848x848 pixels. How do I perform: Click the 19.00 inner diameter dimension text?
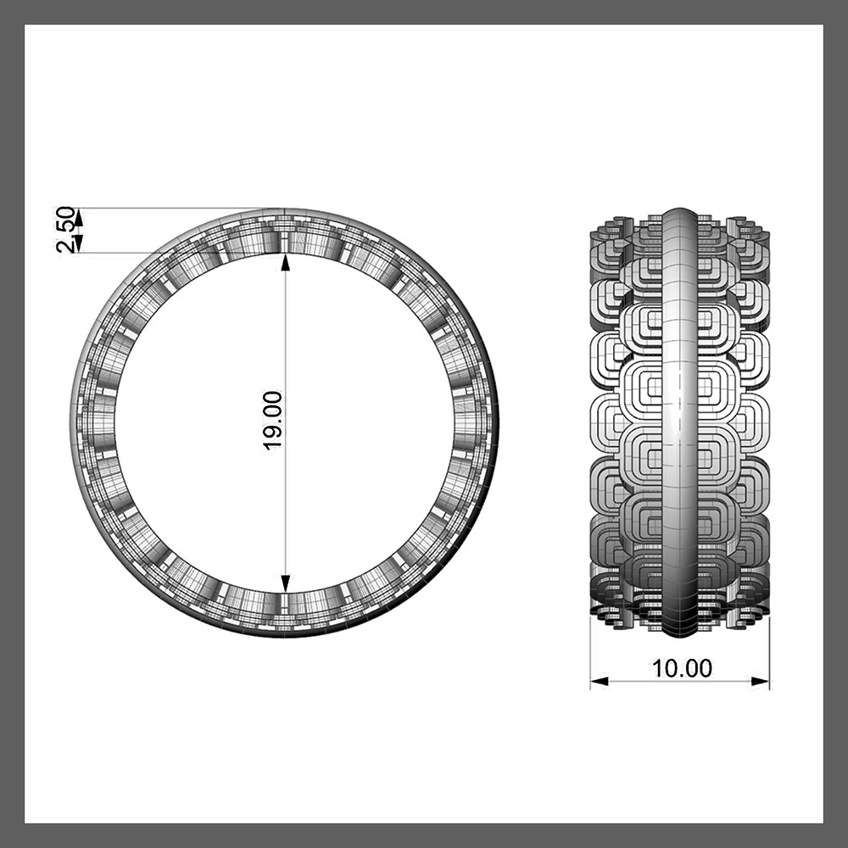pyautogui.click(x=273, y=420)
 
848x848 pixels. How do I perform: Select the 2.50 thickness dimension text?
pyautogui.click(x=65, y=229)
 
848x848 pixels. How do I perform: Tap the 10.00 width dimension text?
pyautogui.click(x=682, y=668)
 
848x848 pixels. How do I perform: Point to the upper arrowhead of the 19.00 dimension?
pyautogui.click(x=285, y=262)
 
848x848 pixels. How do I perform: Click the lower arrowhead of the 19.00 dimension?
pyautogui.click(x=285, y=583)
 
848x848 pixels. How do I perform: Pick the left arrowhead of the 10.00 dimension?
pyautogui.click(x=599, y=682)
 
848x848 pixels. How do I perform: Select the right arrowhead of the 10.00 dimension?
pyautogui.click(x=761, y=682)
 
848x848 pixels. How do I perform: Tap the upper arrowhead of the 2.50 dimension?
pyautogui.click(x=79, y=217)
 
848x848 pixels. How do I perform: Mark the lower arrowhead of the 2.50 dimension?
pyautogui.click(x=79, y=243)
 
